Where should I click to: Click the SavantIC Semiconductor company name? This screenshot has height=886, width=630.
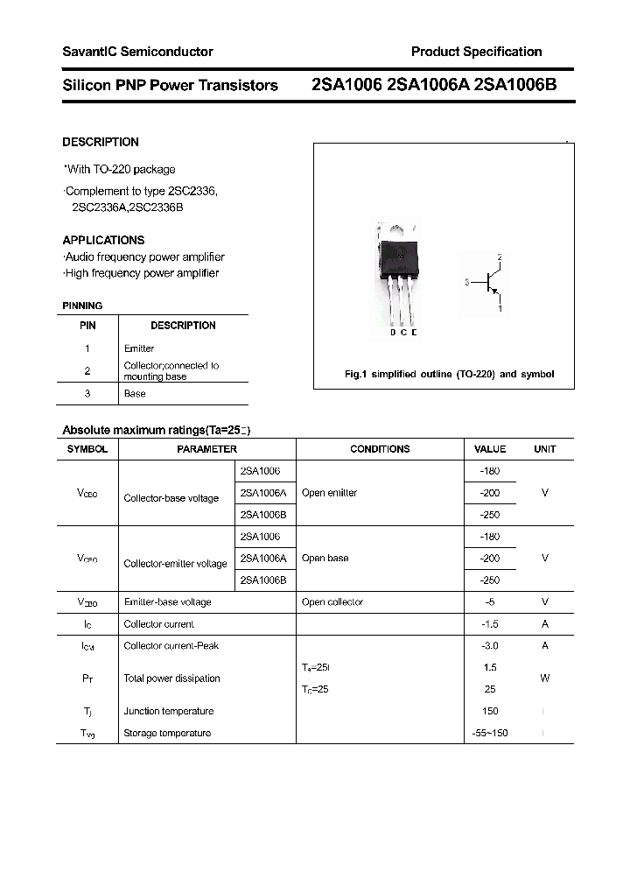click(137, 52)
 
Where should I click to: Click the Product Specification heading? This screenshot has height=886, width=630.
click(476, 52)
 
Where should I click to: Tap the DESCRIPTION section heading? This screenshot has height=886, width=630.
click(101, 142)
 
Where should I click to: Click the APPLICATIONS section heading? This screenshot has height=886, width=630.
click(103, 240)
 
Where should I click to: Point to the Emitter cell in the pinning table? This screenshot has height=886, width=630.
click(139, 348)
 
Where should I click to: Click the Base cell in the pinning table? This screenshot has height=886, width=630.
click(135, 394)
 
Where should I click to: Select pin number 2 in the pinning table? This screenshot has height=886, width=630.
click(87, 371)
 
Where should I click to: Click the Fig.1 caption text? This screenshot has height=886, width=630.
click(449, 374)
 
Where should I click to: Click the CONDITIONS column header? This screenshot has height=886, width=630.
click(380, 449)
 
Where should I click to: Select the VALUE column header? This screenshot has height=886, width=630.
click(489, 449)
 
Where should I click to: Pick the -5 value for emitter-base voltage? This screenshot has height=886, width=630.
click(489, 602)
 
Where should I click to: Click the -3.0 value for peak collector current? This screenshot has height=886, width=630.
click(489, 646)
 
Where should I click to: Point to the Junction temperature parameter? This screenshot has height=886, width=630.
click(168, 712)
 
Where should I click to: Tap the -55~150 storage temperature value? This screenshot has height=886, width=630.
click(489, 734)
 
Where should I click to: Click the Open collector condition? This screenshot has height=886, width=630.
click(332, 602)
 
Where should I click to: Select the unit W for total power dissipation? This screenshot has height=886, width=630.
click(544, 679)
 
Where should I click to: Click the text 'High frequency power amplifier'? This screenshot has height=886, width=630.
click(141, 273)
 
